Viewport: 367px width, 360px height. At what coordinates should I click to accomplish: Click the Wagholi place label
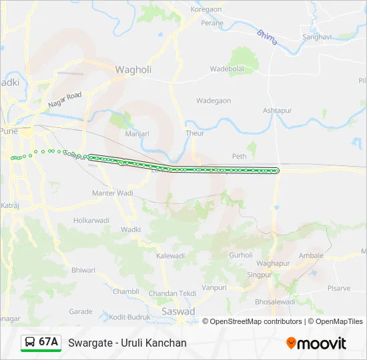coord(133,69)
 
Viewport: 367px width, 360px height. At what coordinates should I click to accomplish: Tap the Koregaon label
coord(206,10)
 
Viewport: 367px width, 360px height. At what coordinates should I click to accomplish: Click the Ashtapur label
coord(278,110)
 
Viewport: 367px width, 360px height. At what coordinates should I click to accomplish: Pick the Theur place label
coord(195,133)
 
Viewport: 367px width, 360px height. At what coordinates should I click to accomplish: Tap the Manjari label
coord(137,133)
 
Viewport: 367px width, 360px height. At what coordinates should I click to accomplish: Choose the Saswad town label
coord(178,311)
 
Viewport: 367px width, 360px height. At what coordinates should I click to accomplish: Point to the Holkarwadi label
coord(91,219)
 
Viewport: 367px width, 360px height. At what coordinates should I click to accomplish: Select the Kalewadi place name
coord(169,256)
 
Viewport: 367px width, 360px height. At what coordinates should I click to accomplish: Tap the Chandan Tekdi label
coord(172,294)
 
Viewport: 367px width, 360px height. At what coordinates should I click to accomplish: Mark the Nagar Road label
coord(65,101)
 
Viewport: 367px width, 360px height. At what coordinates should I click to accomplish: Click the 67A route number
coord(49,342)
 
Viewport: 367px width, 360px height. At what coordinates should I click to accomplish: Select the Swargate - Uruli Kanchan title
coord(127,343)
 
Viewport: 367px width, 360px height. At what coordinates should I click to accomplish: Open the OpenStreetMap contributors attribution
coord(256,321)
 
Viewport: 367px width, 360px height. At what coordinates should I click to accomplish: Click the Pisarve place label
coord(338,289)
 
